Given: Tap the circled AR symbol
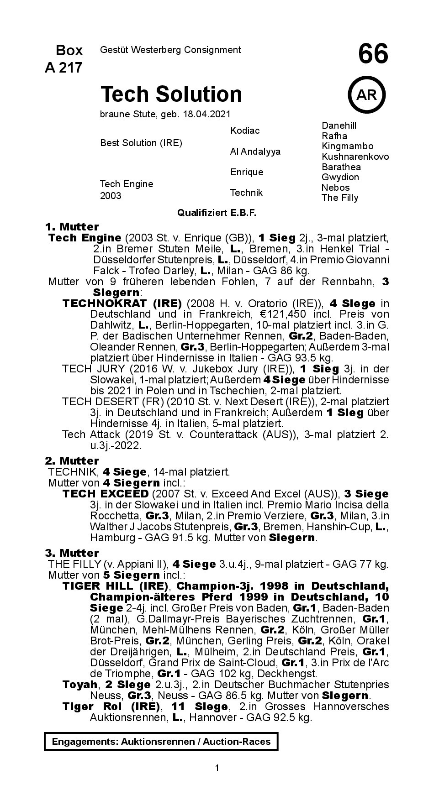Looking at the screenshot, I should [366, 95].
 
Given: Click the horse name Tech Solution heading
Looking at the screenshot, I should [171, 94].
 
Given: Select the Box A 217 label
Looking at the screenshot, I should [64, 59].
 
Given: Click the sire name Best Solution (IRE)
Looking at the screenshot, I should [141, 143].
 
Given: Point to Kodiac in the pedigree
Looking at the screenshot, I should [245, 131].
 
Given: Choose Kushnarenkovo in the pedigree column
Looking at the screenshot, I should [355, 157].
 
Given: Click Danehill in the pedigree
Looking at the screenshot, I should [339, 126].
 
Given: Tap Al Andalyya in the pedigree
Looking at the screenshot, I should [255, 152].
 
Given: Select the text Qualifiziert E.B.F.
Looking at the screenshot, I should [217, 213].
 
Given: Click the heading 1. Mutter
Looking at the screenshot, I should [72, 227].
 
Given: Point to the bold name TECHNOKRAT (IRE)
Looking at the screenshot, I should [122, 303].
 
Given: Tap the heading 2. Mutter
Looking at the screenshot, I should [72, 461].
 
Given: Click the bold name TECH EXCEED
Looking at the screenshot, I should [105, 494].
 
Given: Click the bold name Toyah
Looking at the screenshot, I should [80, 685].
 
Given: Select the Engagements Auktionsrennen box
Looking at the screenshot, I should [161, 742].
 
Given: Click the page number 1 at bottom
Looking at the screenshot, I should [217, 768].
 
